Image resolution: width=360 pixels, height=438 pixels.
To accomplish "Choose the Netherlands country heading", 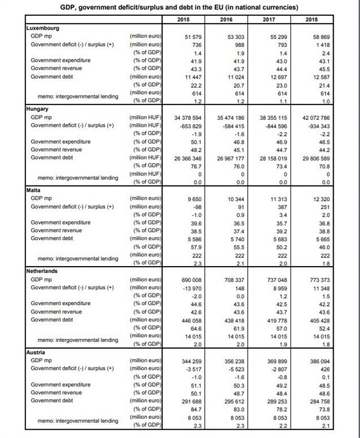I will (44, 270).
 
